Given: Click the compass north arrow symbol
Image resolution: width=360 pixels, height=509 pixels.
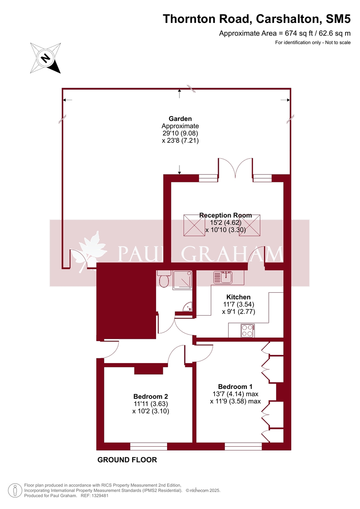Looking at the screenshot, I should (45, 58).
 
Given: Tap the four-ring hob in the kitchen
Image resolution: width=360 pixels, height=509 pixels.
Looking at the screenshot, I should (247, 330).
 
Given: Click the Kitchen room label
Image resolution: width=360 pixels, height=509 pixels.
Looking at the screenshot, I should (238, 297).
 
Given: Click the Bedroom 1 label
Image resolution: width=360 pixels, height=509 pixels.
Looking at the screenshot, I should (235, 386).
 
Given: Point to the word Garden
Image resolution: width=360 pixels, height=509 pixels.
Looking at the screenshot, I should (180, 119).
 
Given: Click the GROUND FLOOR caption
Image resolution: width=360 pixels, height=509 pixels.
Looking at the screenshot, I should (127, 460).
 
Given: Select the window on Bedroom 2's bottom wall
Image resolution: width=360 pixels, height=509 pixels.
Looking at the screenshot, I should (148, 446).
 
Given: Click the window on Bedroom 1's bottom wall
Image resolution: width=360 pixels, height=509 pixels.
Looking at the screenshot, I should (243, 446).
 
